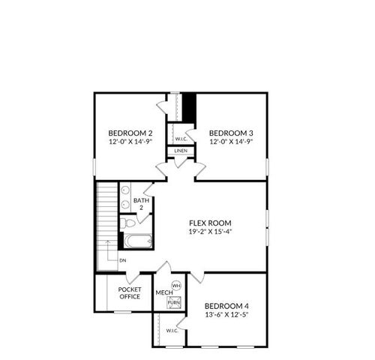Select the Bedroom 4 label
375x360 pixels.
tap(226, 306)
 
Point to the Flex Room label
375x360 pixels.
tap(210, 223)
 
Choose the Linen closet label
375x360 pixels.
tap(181, 151)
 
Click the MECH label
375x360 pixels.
tap(162, 292)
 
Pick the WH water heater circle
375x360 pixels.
tap(176, 286)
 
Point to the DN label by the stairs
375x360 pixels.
tap(121, 259)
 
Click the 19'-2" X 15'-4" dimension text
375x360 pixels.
tap(210, 232)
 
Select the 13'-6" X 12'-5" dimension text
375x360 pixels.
tap(226, 315)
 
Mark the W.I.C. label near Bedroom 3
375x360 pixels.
tap(181, 139)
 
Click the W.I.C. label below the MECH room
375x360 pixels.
tap(171, 330)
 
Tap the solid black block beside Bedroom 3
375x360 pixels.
tap(190, 103)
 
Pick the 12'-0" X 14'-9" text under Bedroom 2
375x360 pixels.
tap(130, 141)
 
